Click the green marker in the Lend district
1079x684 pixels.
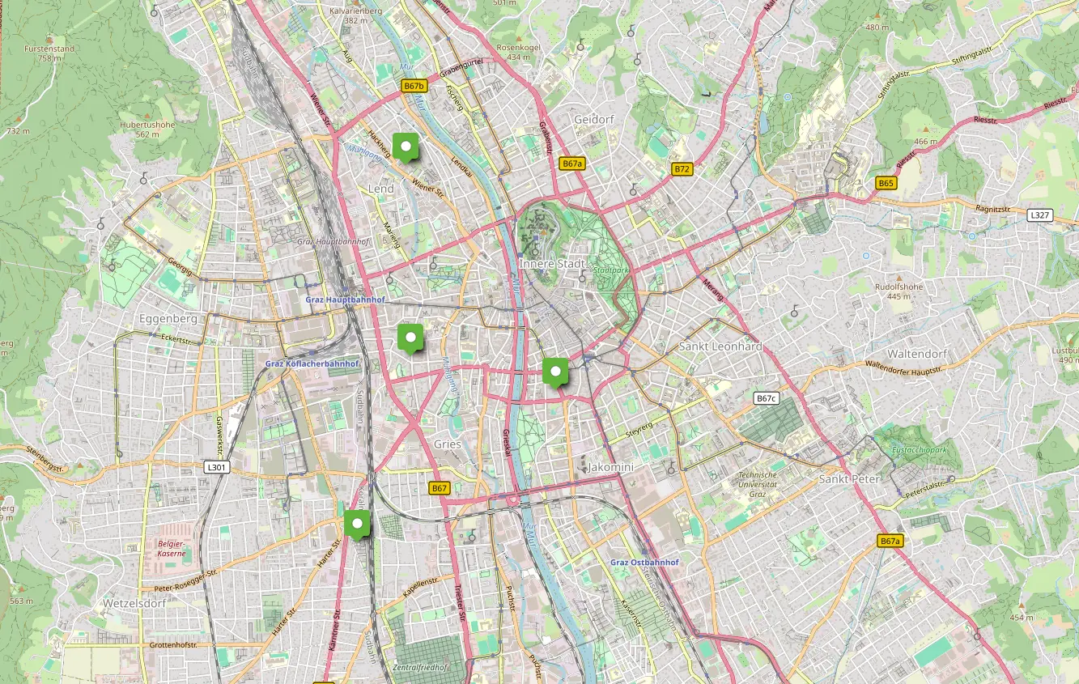tap(405, 147)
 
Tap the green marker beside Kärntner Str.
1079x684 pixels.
tap(356, 524)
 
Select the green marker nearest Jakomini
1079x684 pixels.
tap(555, 372)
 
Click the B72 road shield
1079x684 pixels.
tap(682, 169)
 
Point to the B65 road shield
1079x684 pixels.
tap(886, 184)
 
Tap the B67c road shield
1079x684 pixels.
tap(766, 398)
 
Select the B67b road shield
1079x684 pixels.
tap(414, 86)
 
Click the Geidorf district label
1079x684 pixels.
tap(593, 120)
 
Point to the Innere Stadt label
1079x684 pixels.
tap(552, 264)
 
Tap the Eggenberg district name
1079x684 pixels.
tap(168, 319)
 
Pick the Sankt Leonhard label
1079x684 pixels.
tap(720, 346)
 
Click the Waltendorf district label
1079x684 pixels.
tap(916, 355)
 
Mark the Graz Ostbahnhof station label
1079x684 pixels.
tap(644, 562)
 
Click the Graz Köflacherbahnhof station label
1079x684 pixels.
tap(312, 364)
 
